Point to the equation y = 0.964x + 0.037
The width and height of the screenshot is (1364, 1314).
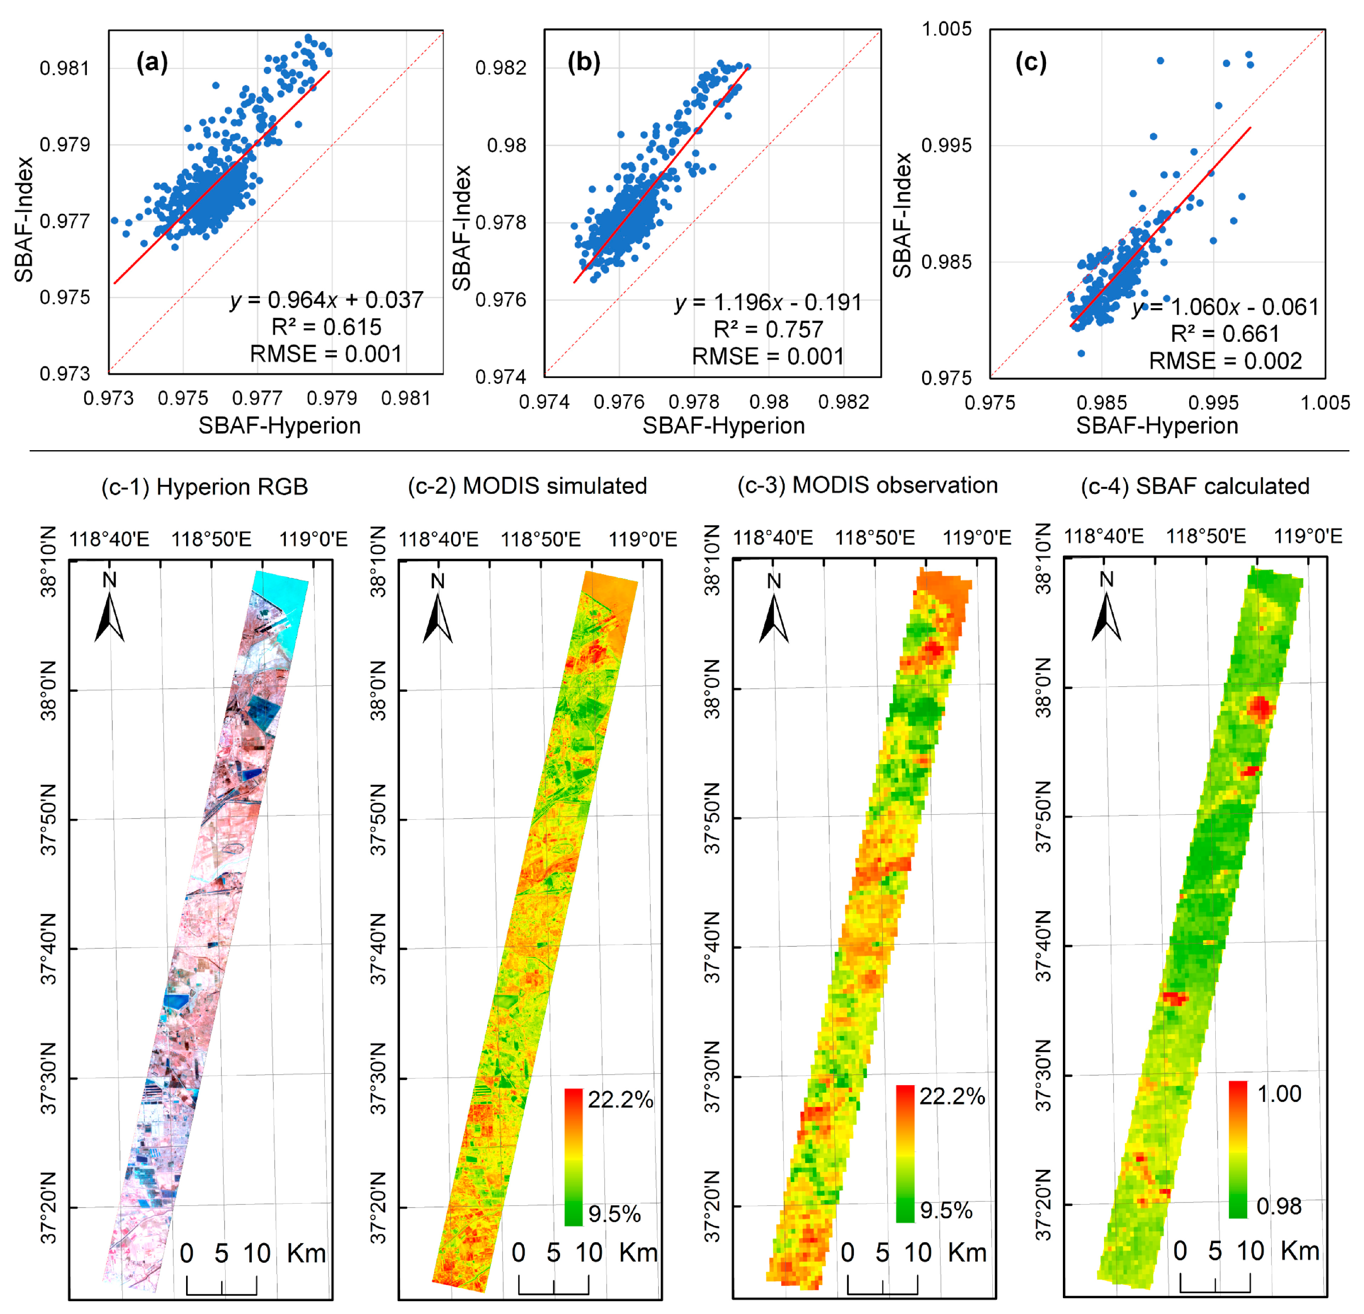326,300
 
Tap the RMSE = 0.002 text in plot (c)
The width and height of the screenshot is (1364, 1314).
1225,360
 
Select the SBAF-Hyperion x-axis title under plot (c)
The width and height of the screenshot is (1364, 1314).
1157,425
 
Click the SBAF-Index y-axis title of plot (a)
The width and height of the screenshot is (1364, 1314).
25,219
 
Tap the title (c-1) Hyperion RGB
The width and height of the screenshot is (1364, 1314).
205,486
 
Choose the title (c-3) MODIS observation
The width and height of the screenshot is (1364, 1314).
867,485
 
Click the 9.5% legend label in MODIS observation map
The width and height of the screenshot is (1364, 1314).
946,1210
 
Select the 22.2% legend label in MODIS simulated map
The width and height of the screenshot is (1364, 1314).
620,1100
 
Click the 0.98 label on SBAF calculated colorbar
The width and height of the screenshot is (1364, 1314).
1278,1206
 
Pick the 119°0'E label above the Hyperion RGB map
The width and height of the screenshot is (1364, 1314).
313,539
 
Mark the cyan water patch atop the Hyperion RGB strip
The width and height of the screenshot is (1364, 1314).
282,591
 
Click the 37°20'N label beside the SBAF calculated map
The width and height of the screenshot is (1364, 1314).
1044,1206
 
